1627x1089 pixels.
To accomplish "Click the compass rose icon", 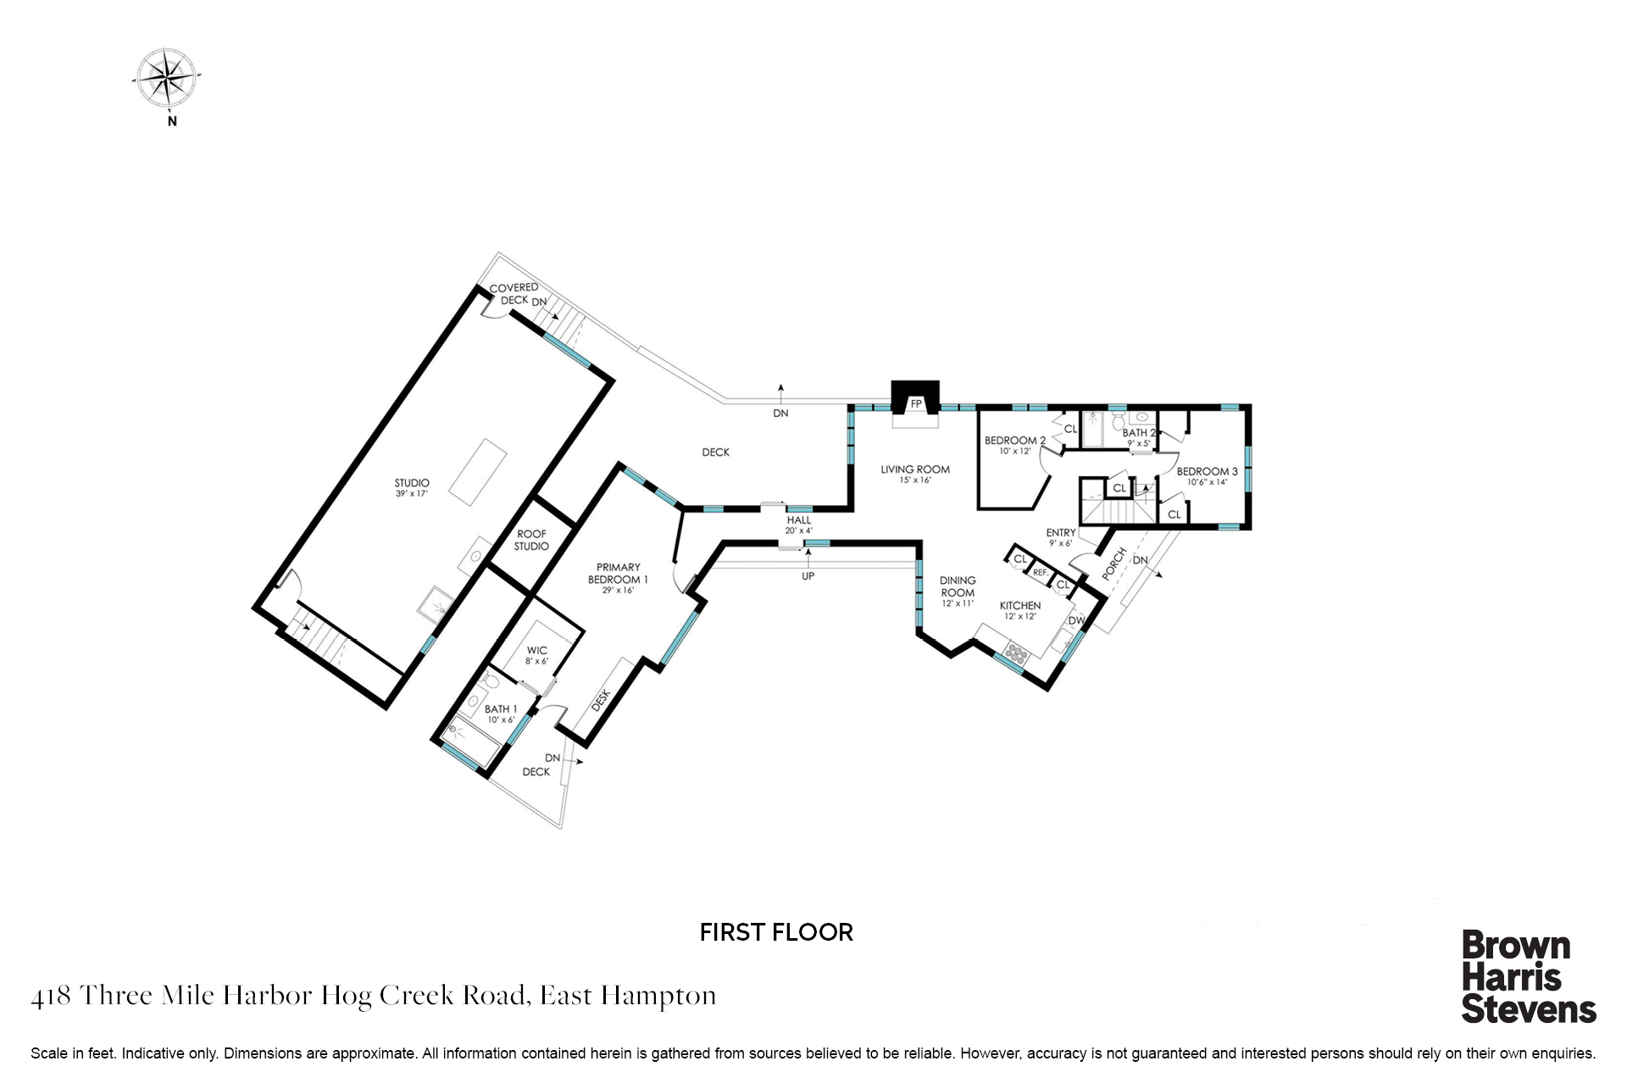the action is click(168, 78).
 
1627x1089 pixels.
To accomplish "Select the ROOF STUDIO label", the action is click(531, 540).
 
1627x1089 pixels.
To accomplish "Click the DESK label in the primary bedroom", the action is click(600, 700).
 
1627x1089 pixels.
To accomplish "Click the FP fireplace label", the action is click(915, 404).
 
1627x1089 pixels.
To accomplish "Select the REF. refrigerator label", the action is click(1041, 573).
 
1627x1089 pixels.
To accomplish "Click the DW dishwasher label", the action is click(1076, 620).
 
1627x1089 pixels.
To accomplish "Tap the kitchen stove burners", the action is click(1014, 653).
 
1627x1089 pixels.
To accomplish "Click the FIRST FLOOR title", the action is click(776, 932).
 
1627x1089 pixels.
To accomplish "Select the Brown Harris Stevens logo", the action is click(1529, 977).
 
